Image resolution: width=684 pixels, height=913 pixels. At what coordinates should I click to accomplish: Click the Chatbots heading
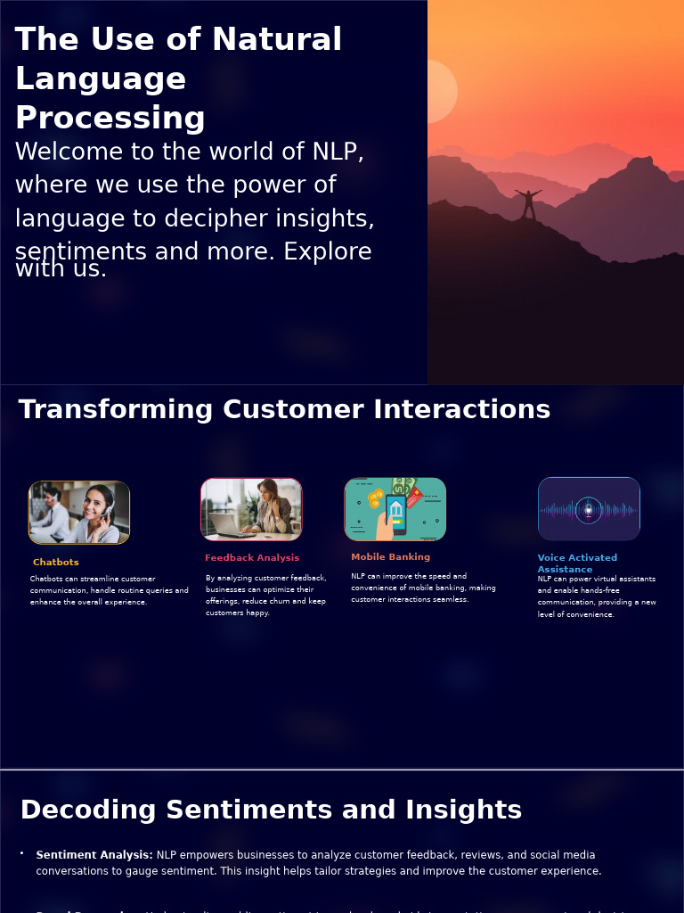pos(56,563)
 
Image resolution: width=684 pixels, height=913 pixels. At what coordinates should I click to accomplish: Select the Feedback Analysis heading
pos(252,558)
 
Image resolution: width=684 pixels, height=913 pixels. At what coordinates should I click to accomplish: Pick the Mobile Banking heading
pos(390,557)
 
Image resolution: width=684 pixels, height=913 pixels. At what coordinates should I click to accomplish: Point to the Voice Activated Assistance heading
pos(577,563)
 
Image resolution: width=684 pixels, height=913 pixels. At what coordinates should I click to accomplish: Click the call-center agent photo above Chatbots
pos(79,513)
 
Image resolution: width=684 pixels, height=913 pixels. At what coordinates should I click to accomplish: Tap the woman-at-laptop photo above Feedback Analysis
pos(251,509)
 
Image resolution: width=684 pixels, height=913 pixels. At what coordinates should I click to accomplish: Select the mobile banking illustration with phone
pos(395,509)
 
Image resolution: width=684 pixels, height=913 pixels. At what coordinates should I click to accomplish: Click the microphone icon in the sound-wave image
pos(588,510)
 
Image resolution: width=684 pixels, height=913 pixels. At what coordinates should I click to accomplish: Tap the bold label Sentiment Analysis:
pos(94,855)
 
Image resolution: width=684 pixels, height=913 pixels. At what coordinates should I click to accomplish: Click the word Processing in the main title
pos(110,119)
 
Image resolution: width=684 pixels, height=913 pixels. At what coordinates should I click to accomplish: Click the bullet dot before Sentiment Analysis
pos(22,853)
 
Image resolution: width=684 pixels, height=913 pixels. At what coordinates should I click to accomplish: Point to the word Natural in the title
pos(276,40)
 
